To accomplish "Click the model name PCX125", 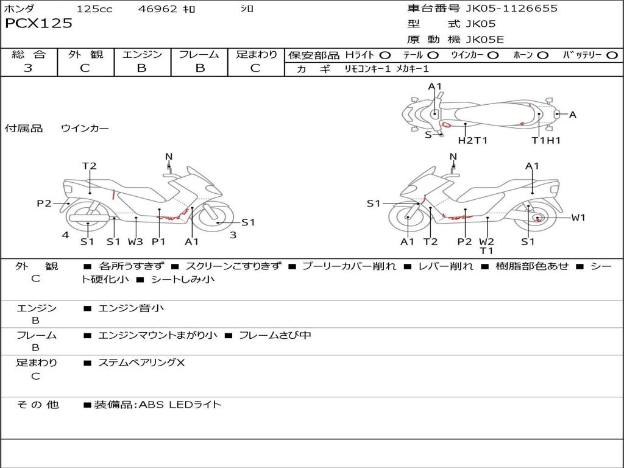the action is (38, 23).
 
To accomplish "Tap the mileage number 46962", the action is (157, 9).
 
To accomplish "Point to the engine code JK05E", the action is (484, 40).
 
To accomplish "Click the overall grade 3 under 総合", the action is (28, 68).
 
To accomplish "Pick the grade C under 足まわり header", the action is (255, 68).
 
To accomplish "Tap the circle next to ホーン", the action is (543, 55).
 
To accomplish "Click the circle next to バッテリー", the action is (612, 55).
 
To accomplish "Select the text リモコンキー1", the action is (367, 69).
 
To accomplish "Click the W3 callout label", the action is (135, 241).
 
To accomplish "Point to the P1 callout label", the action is (158, 241).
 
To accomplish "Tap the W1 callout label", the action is (578, 218).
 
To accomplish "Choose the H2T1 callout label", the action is (473, 140).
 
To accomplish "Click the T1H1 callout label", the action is (546, 140).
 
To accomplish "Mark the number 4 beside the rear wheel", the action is (65, 235).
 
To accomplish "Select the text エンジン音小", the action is (130, 308).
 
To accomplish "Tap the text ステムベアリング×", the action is (141, 363).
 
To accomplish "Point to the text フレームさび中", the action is (275, 335).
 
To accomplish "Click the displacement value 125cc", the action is (94, 9).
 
